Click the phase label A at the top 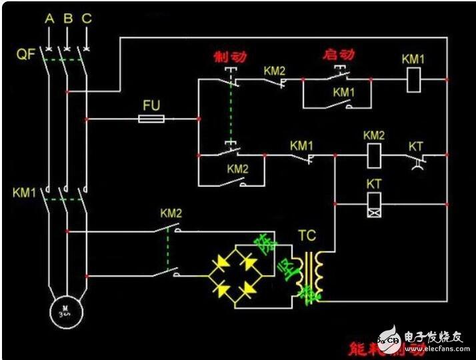tap(49, 18)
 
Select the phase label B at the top tap(67, 18)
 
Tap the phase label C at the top tap(86, 18)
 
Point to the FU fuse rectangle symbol tap(152, 119)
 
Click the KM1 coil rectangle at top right tap(413, 79)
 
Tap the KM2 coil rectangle tap(374, 155)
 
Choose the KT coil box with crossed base tap(374, 204)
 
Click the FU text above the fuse tap(152, 105)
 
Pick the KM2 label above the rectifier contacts tap(171, 213)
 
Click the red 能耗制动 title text tap(375, 347)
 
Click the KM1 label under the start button tap(344, 91)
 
